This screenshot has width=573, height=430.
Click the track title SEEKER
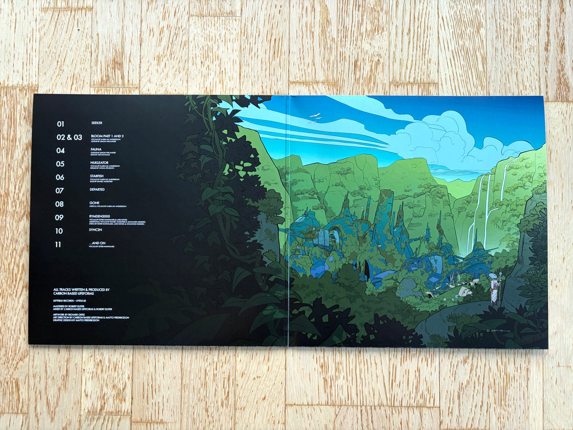point(97,123)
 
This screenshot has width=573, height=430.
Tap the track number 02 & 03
point(69,137)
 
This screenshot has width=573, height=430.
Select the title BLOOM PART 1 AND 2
point(107,136)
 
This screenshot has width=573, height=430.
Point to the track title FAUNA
point(96,150)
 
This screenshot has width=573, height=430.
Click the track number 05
point(60,164)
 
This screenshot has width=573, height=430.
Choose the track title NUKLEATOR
point(99,163)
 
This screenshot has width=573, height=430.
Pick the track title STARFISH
point(97,176)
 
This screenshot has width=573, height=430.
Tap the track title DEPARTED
point(97,190)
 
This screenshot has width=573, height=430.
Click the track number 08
point(59,204)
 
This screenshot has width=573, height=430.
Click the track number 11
point(58,244)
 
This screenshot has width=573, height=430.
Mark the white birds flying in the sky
point(315,117)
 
